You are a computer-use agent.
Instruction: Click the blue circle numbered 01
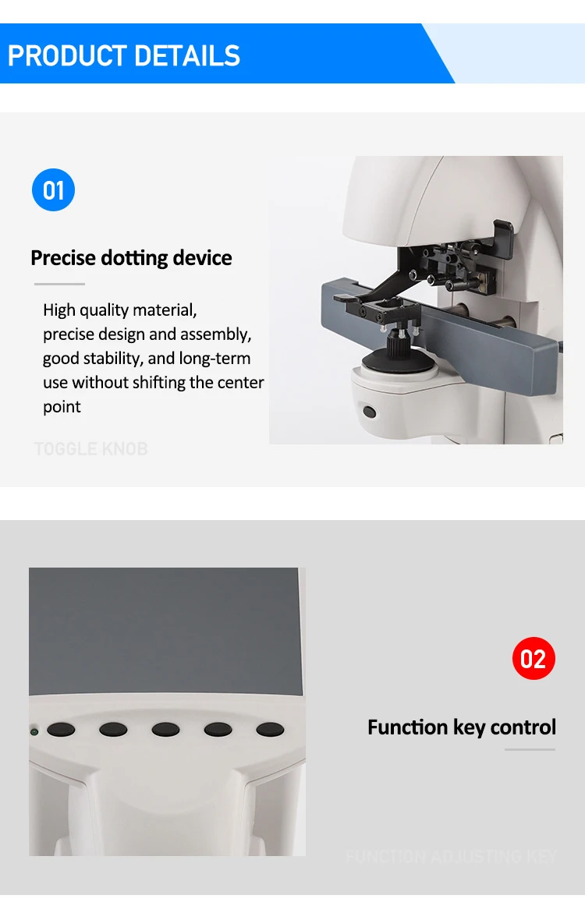pyautogui.click(x=53, y=190)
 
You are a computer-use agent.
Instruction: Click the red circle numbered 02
pyautogui.click(x=534, y=659)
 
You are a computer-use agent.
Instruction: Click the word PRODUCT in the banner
pyautogui.click(x=66, y=56)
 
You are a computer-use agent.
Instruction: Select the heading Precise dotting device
pyautogui.click(x=131, y=258)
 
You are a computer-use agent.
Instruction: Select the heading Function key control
pyautogui.click(x=462, y=727)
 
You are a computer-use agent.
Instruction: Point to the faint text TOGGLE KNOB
pyautogui.click(x=90, y=449)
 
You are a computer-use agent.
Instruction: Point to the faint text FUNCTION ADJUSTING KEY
pyautogui.click(x=451, y=856)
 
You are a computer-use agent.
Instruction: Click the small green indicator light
pyautogui.click(x=34, y=732)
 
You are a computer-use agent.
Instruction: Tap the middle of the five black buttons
pyautogui.click(x=165, y=731)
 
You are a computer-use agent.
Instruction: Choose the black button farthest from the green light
pyautogui.click(x=270, y=731)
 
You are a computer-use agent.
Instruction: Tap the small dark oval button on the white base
pyautogui.click(x=369, y=411)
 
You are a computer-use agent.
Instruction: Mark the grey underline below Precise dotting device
pyautogui.click(x=59, y=284)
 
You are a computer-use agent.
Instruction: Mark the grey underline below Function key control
pyautogui.click(x=530, y=750)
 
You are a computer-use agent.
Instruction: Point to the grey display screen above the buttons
pyautogui.click(x=164, y=632)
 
